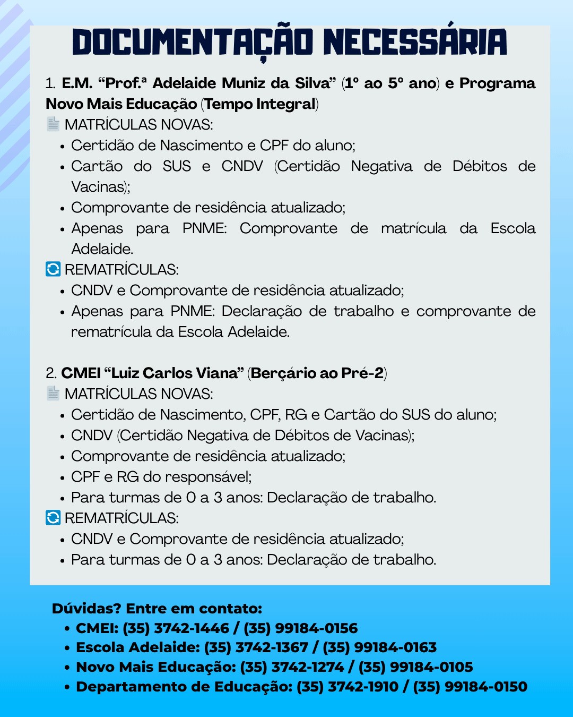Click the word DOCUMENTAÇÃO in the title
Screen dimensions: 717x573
(x=193, y=42)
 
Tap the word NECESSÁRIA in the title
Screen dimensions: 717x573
(x=415, y=42)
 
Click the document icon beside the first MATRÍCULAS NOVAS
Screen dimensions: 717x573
(x=53, y=124)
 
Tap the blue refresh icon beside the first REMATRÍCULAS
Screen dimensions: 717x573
(x=53, y=269)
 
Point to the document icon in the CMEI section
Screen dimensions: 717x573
(x=53, y=394)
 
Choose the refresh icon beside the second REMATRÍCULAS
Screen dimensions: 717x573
(x=53, y=518)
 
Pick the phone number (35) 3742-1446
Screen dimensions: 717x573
(x=176, y=628)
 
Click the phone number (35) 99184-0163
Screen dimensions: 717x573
(x=380, y=647)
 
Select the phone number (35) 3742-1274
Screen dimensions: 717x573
(x=292, y=667)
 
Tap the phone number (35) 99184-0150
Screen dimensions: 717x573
(x=471, y=687)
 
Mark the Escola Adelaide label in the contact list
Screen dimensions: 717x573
(x=138, y=647)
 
